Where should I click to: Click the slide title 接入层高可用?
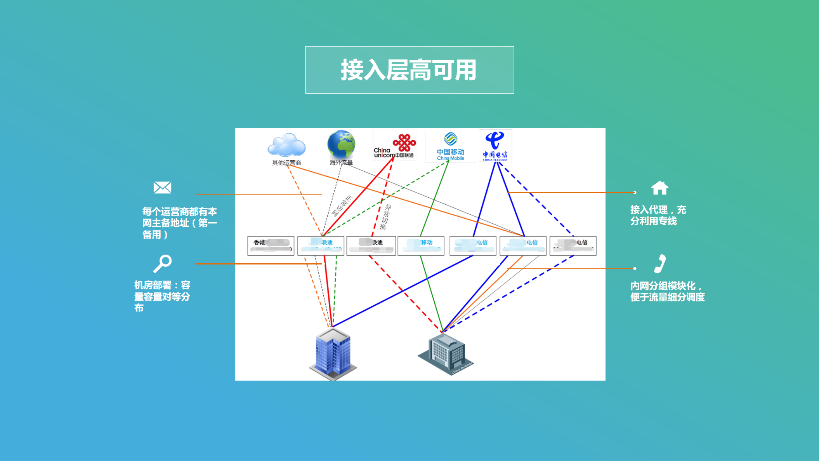click(x=409, y=70)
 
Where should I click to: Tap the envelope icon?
click(x=162, y=188)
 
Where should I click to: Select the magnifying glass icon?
click(x=162, y=264)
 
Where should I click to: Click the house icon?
click(x=659, y=188)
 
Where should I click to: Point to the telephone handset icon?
click(x=660, y=264)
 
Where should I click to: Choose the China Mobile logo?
click(x=450, y=146)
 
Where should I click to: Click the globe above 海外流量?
click(x=341, y=144)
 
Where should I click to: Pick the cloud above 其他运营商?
click(x=286, y=145)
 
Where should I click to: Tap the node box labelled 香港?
click(x=271, y=245)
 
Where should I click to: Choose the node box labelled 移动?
click(x=421, y=245)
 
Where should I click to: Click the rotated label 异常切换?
click(x=385, y=217)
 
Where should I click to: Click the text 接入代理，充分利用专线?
click(x=658, y=216)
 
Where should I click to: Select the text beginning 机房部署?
click(x=162, y=296)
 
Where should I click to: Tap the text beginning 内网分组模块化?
click(x=667, y=291)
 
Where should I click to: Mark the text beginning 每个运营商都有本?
click(x=179, y=223)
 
